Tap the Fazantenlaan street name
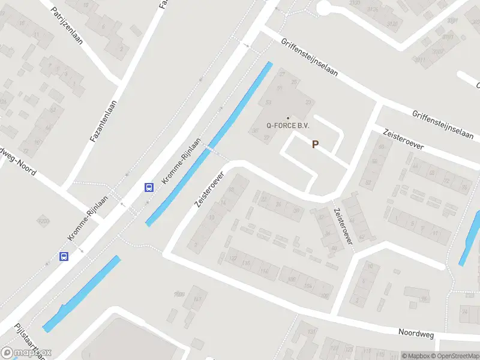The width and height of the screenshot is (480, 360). pos(103,121)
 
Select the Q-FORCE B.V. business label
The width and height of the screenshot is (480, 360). pos(288,126)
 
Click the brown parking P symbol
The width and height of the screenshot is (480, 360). pos(314,144)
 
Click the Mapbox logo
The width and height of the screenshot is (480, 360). pos(26,353)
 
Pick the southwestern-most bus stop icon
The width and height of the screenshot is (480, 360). pos(64,257)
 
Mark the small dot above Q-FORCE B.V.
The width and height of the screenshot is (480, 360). pos(288,118)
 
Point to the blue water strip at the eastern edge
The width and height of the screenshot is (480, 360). pos(469,238)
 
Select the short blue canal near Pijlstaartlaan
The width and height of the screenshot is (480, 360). pos(81,294)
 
